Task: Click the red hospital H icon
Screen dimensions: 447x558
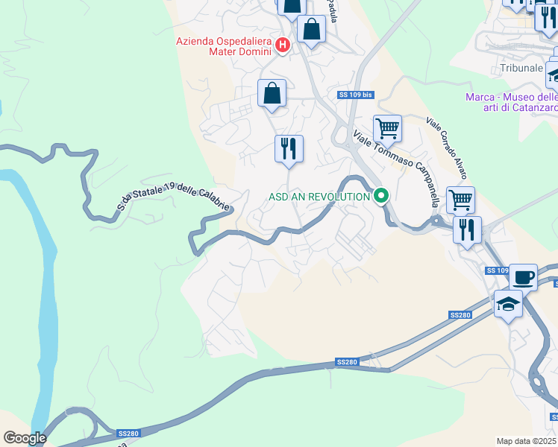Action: coord(283,45)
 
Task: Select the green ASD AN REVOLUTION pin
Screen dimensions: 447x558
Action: coord(381,197)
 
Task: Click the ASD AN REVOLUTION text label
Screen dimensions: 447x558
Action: coord(319,197)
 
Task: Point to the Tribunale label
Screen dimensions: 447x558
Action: coord(521,68)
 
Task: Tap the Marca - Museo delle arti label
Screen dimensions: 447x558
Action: coord(511,102)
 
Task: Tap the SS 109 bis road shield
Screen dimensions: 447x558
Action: coord(355,95)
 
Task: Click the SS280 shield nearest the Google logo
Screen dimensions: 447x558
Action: coord(126,433)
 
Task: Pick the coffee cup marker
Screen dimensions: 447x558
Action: coord(523,277)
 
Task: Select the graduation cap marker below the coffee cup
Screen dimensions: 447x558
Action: coord(508,304)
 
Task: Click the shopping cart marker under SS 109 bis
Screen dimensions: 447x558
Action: coord(387,128)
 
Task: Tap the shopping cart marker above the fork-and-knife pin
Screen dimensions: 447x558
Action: coord(460,200)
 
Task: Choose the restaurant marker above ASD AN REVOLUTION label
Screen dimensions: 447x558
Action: coord(288,148)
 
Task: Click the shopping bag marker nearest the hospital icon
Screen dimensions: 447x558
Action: coord(310,31)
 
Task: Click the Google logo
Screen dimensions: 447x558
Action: coord(25,438)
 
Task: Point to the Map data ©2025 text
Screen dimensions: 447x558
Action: coord(527,441)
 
